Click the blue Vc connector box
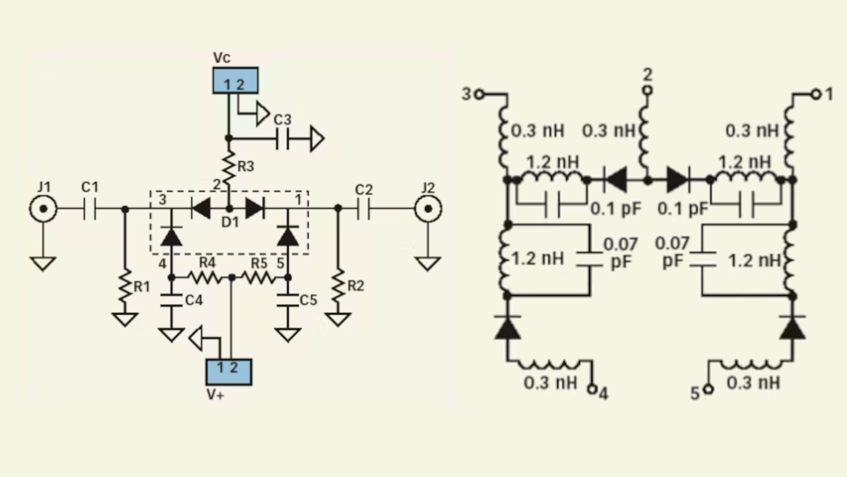235,80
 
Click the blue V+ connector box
229,372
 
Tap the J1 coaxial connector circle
43,208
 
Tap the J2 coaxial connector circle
428,208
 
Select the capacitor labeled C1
90,208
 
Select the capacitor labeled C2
364,208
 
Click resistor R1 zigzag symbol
125,286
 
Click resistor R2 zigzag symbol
338,286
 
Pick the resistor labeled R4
205,277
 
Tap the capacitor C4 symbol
172,300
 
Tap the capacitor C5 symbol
288,300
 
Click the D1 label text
230,223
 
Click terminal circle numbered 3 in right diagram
480,94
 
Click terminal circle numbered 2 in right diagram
647,91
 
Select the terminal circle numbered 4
592,389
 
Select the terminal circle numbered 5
708,389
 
